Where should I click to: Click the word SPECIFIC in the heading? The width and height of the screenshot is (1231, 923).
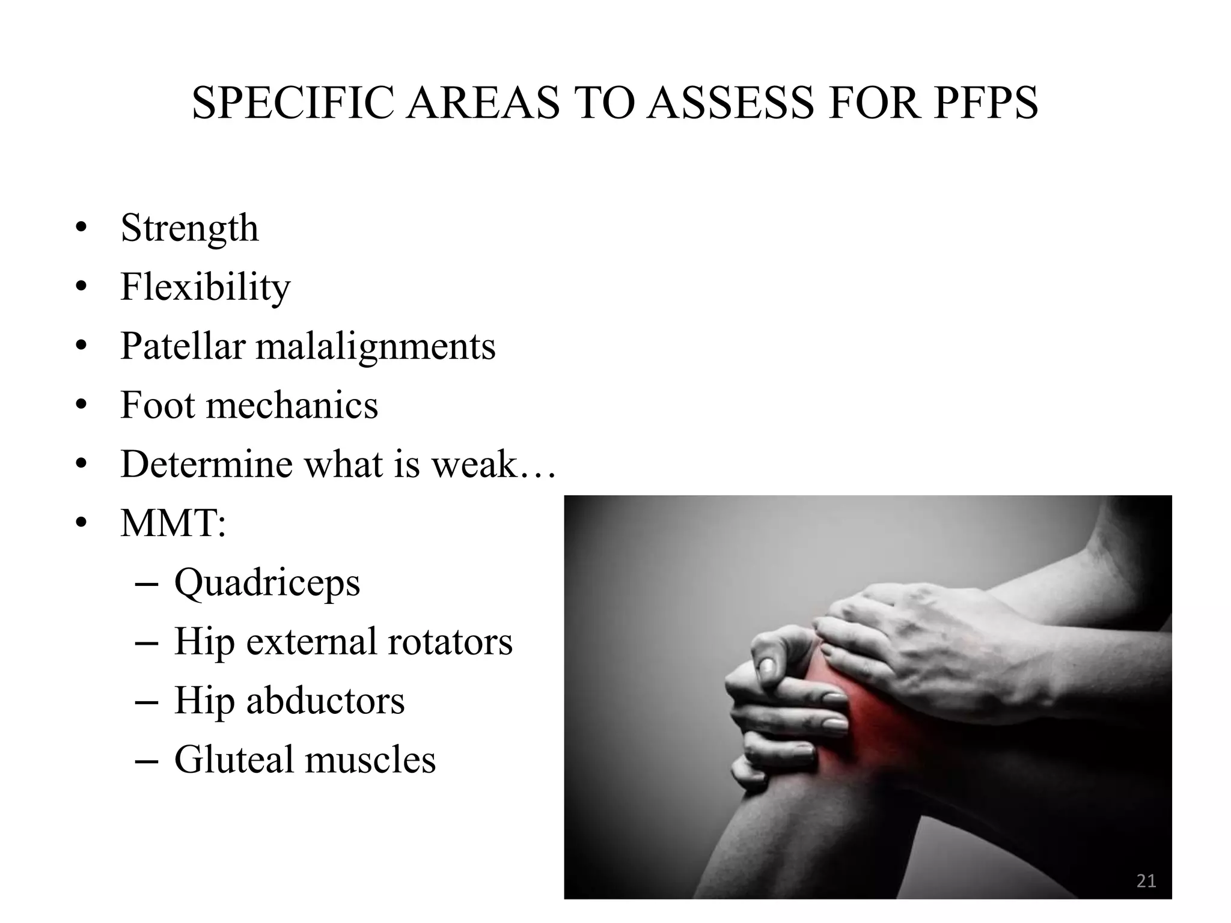tap(293, 103)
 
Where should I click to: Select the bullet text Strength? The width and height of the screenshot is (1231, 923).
tap(189, 228)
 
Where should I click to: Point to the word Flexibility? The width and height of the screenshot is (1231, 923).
tap(205, 287)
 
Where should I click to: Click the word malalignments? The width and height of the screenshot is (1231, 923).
tap(376, 347)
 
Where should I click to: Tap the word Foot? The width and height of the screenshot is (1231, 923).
tap(158, 405)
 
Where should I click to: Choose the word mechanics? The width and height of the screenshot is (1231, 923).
tap(292, 405)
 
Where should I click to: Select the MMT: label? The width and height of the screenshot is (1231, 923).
tap(173, 523)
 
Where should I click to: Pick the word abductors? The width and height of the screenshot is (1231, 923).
tap(325, 701)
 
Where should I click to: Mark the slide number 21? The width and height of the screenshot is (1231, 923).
tap(1146, 881)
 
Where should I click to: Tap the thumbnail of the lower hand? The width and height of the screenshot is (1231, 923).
tap(766, 665)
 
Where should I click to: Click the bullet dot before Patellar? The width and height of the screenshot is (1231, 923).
tap(82, 347)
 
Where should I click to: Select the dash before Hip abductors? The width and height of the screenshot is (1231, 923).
tap(147, 702)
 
